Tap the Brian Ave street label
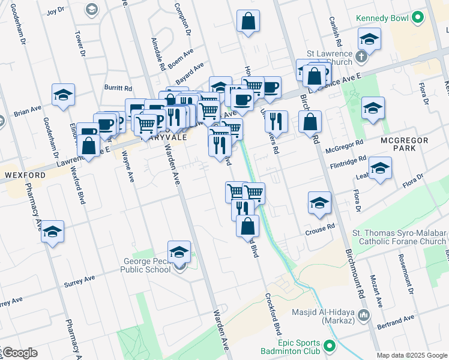pos(28,110)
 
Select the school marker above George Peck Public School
pos(179,252)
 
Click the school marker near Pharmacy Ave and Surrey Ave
pos(53,232)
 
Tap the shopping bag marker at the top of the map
pos(249,22)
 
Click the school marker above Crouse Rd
pos(320,203)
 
